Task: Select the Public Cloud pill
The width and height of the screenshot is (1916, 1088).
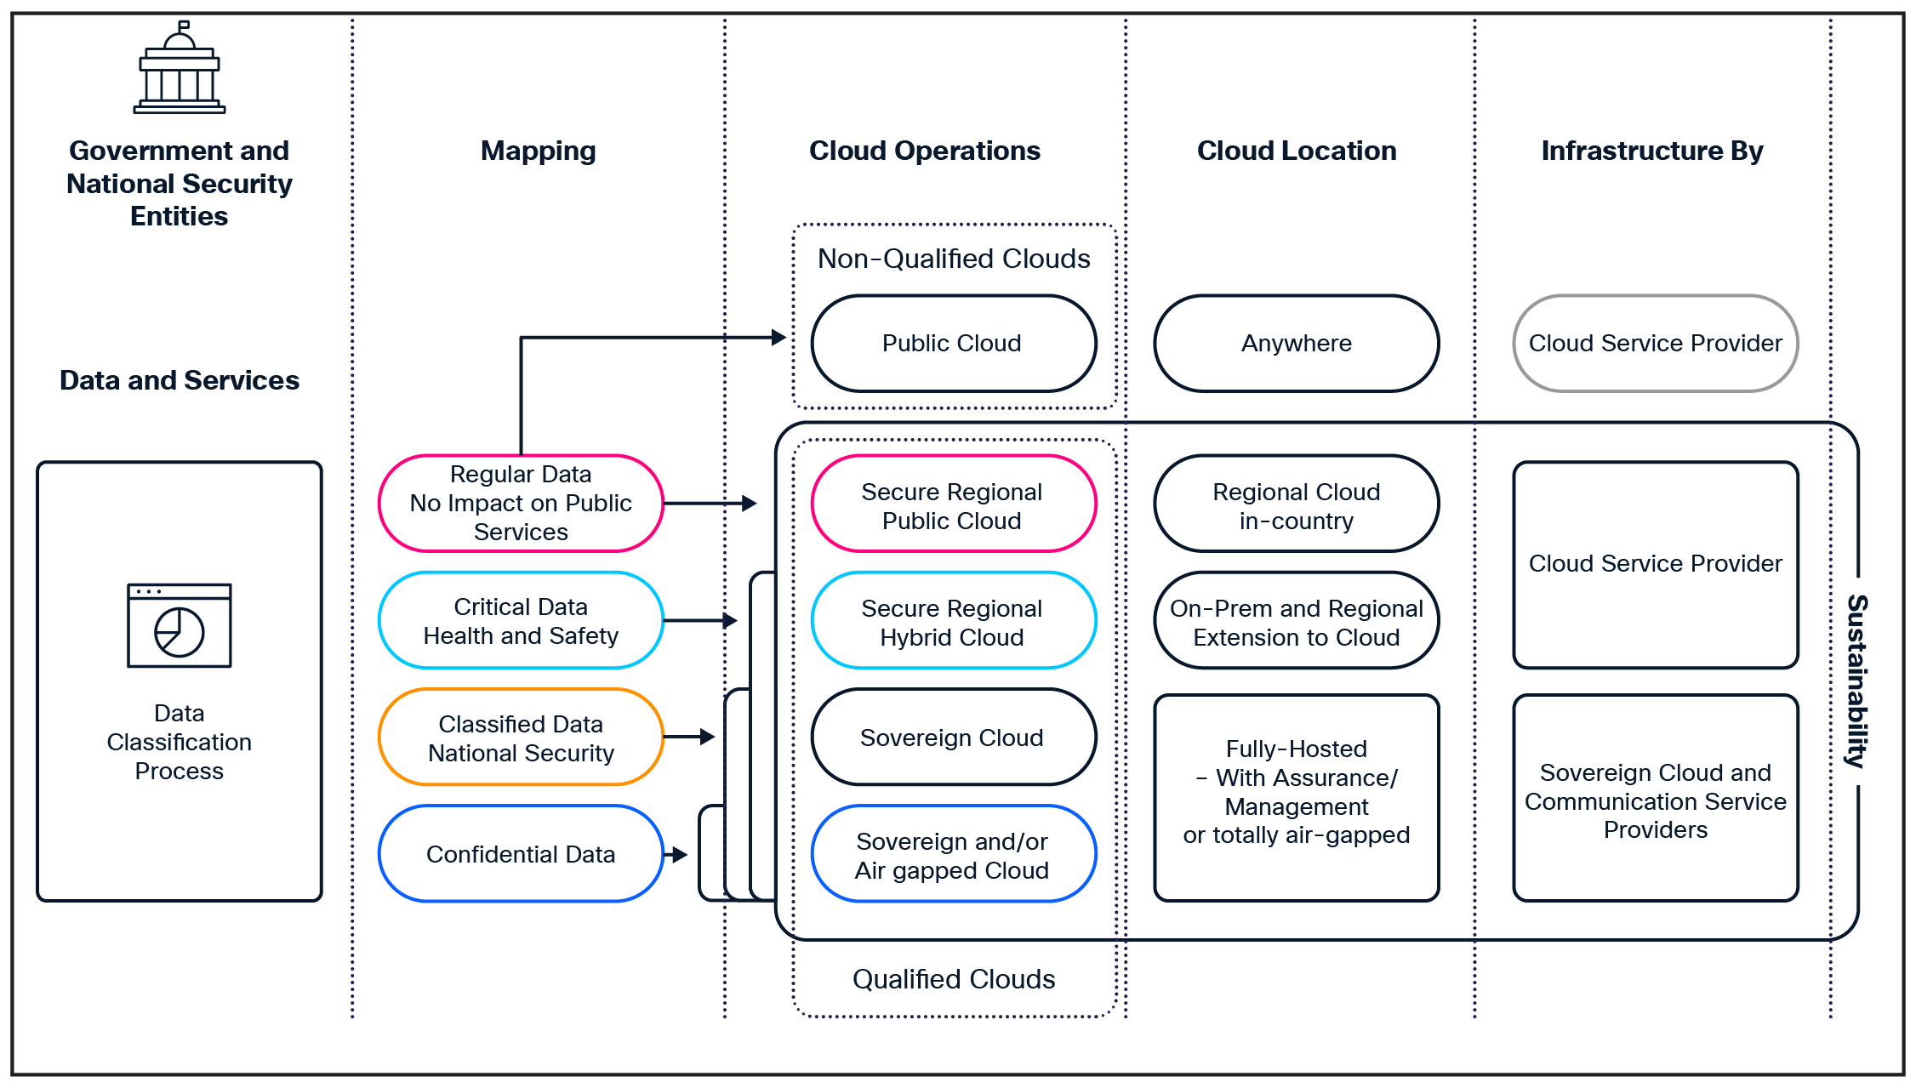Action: [953, 344]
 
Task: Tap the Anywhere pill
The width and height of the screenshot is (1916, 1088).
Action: [1296, 344]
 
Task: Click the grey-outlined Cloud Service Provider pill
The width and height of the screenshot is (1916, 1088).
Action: [1655, 344]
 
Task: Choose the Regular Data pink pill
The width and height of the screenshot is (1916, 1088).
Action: [521, 504]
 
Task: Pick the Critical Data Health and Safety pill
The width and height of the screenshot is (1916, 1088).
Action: [521, 621]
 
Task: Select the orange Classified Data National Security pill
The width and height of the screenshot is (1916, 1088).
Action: [521, 738]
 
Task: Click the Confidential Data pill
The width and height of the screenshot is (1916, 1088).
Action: [521, 854]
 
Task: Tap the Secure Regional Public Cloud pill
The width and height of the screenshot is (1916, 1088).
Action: [953, 505]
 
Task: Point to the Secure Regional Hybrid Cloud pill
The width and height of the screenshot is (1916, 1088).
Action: [953, 622]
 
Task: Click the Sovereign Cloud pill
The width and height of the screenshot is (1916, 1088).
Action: [953, 738]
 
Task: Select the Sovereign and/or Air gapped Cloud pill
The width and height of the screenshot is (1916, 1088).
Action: [953, 855]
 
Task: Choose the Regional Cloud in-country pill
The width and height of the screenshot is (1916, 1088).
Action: [1296, 505]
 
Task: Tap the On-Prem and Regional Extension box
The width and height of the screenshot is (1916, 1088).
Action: [1296, 622]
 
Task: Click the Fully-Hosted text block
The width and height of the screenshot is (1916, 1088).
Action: [1296, 792]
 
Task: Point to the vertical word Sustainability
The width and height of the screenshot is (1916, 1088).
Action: [1856, 681]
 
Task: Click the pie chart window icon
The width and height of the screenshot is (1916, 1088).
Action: [180, 625]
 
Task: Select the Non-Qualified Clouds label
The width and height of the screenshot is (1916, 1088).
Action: [953, 259]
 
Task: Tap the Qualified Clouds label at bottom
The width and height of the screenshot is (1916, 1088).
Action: [953, 979]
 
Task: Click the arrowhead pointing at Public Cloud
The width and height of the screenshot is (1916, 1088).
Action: [778, 338]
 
